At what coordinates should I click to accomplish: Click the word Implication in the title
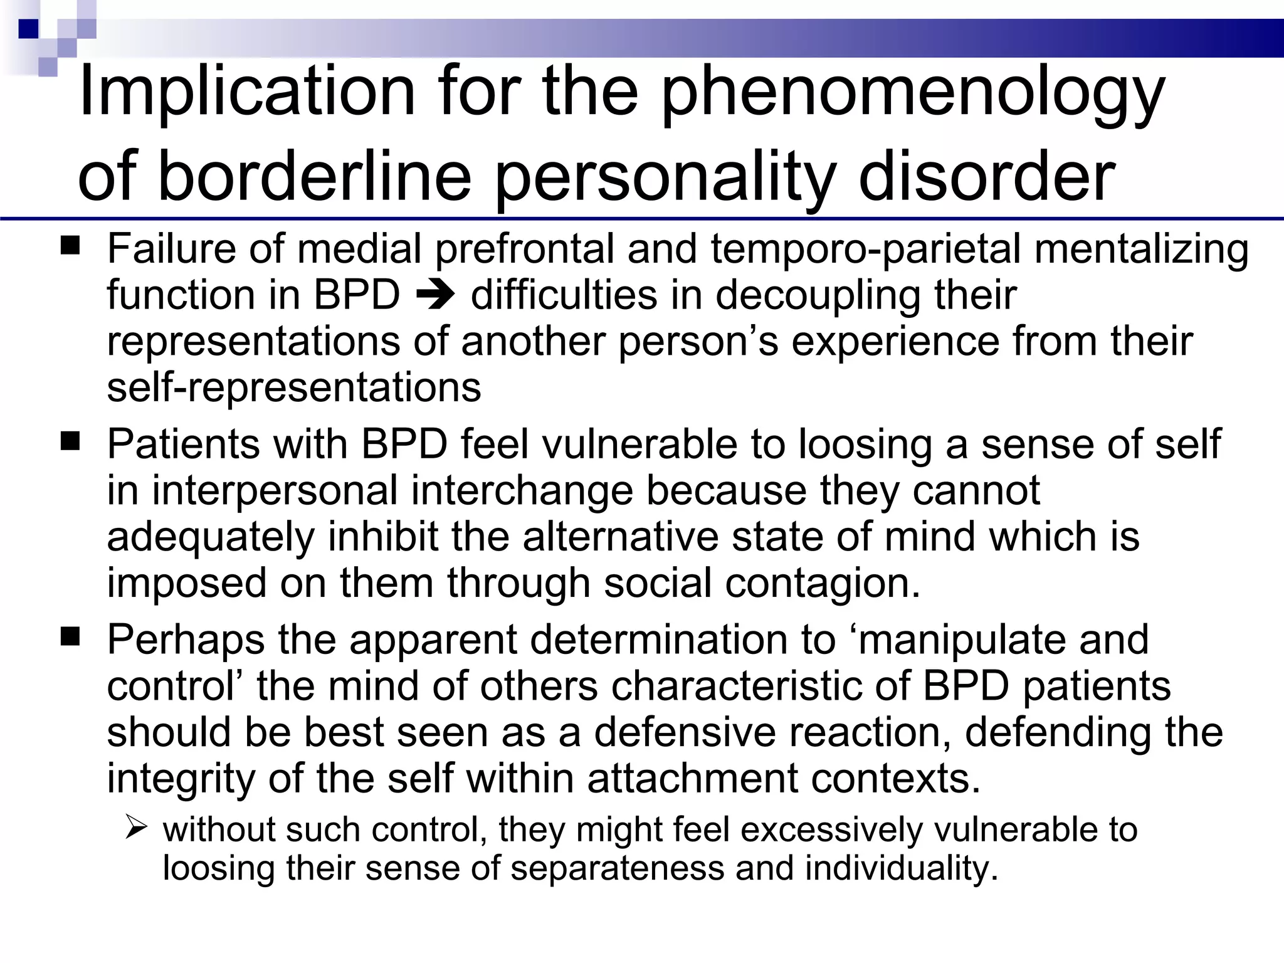pyautogui.click(x=247, y=92)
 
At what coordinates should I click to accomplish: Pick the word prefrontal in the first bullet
pyautogui.click(x=525, y=249)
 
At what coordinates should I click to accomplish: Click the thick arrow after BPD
pyautogui.click(x=434, y=295)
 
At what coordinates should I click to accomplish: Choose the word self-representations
pyautogui.click(x=294, y=387)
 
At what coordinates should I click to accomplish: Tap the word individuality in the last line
pyautogui.click(x=901, y=868)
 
